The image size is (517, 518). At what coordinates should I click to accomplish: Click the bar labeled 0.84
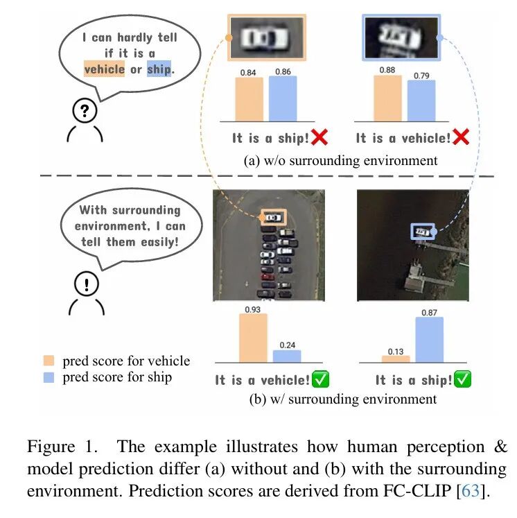249,99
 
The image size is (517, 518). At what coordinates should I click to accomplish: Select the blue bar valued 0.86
282,98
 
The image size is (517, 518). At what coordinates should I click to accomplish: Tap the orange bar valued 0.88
387,98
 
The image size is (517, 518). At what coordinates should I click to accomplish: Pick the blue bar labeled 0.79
421,101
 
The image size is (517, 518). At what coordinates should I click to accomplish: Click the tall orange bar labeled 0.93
253,338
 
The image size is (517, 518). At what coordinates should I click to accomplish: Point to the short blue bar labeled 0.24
287,356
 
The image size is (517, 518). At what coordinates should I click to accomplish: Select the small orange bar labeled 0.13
396,359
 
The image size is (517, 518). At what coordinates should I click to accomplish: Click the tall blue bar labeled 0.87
430,339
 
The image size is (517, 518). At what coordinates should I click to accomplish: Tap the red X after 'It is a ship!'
319,137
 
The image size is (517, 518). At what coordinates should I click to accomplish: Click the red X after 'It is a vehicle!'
461,137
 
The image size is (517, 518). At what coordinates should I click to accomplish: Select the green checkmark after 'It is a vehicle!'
320,379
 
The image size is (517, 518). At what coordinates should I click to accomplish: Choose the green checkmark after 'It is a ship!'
464,379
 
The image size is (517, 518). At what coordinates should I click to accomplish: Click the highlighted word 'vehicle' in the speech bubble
104,69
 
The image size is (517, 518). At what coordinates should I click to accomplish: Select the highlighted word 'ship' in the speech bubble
159,69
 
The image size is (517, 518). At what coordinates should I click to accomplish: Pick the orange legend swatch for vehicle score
48,361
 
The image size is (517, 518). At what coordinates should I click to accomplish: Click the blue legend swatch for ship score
48,377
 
